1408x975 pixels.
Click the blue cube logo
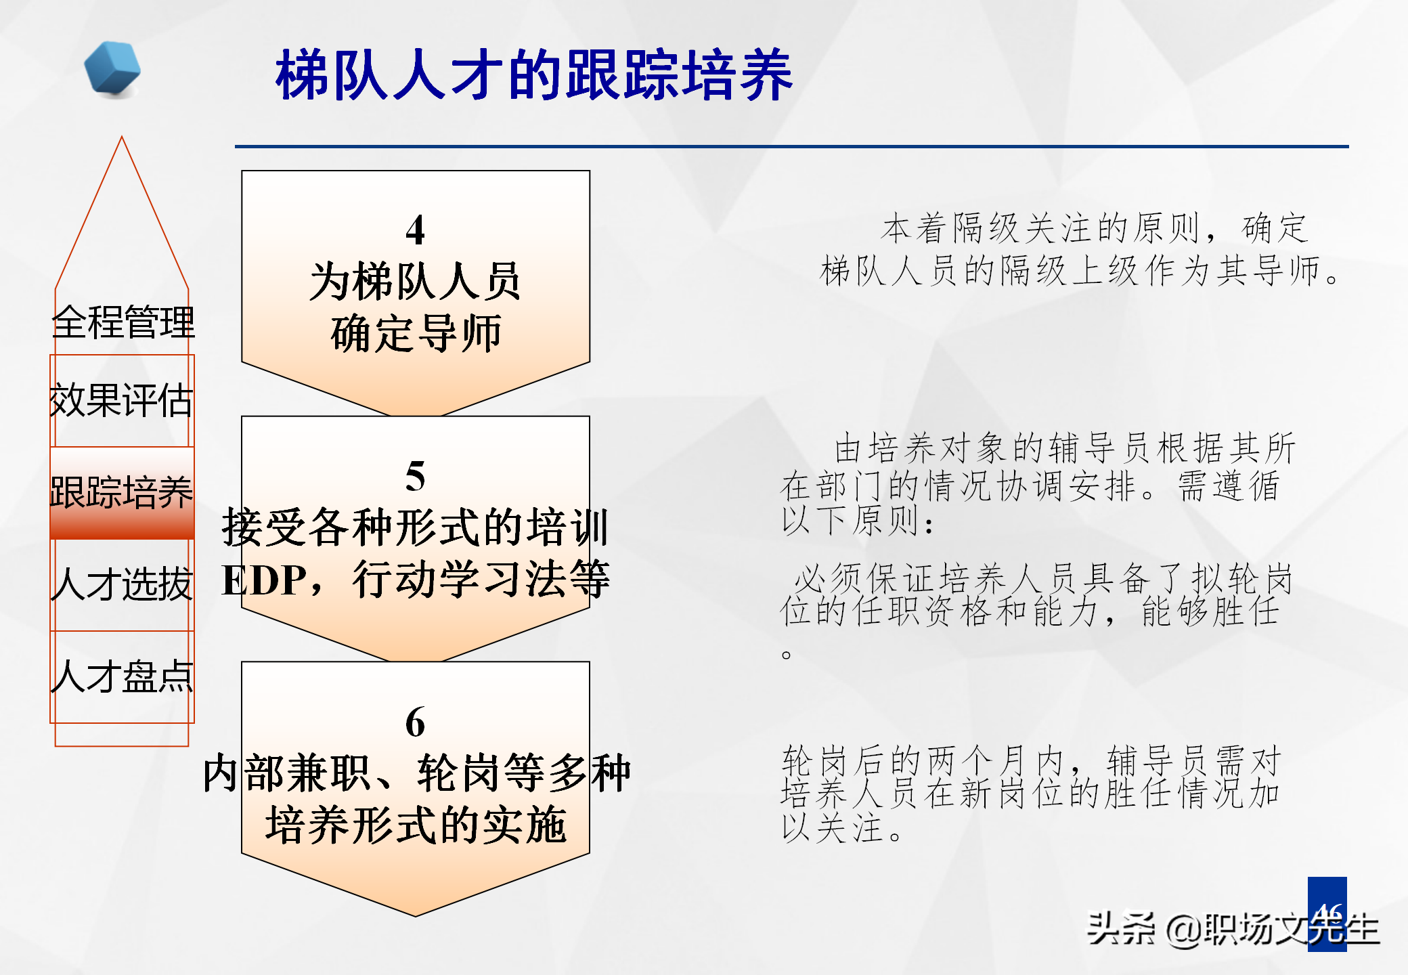coord(112,68)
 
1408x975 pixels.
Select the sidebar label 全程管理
coord(123,322)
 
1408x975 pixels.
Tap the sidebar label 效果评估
coord(122,400)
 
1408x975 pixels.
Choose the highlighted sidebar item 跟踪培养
coord(122,492)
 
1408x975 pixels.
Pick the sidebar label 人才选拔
coord(123,584)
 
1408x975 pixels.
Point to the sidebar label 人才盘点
coord(123,676)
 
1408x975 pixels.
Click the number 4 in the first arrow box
coord(415,231)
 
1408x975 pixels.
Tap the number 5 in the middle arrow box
coord(415,477)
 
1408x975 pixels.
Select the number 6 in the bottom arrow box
coord(415,722)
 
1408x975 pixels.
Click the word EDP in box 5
coord(264,581)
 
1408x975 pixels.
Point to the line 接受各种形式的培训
coord(415,528)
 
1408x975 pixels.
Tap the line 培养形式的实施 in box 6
coord(416,825)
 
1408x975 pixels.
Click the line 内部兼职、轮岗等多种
coord(416,773)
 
